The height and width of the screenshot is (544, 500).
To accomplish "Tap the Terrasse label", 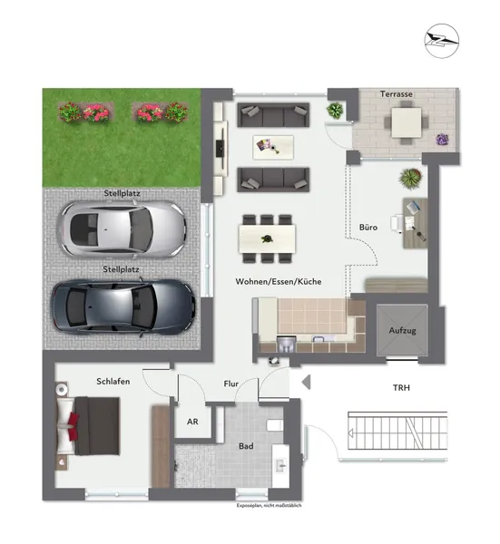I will point(397,94).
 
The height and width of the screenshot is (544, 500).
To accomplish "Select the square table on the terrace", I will point(406,121).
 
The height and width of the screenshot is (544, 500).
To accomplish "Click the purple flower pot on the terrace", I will point(443,139).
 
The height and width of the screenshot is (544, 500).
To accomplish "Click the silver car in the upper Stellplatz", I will point(123,227).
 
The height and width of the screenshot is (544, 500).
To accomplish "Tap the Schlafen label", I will point(113,382).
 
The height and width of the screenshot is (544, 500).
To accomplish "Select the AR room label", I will point(192,422).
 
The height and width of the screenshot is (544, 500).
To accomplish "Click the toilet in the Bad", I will point(277,426).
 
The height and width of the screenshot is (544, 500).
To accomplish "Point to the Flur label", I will point(231,384).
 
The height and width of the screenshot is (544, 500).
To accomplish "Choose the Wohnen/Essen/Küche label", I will point(278,282).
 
